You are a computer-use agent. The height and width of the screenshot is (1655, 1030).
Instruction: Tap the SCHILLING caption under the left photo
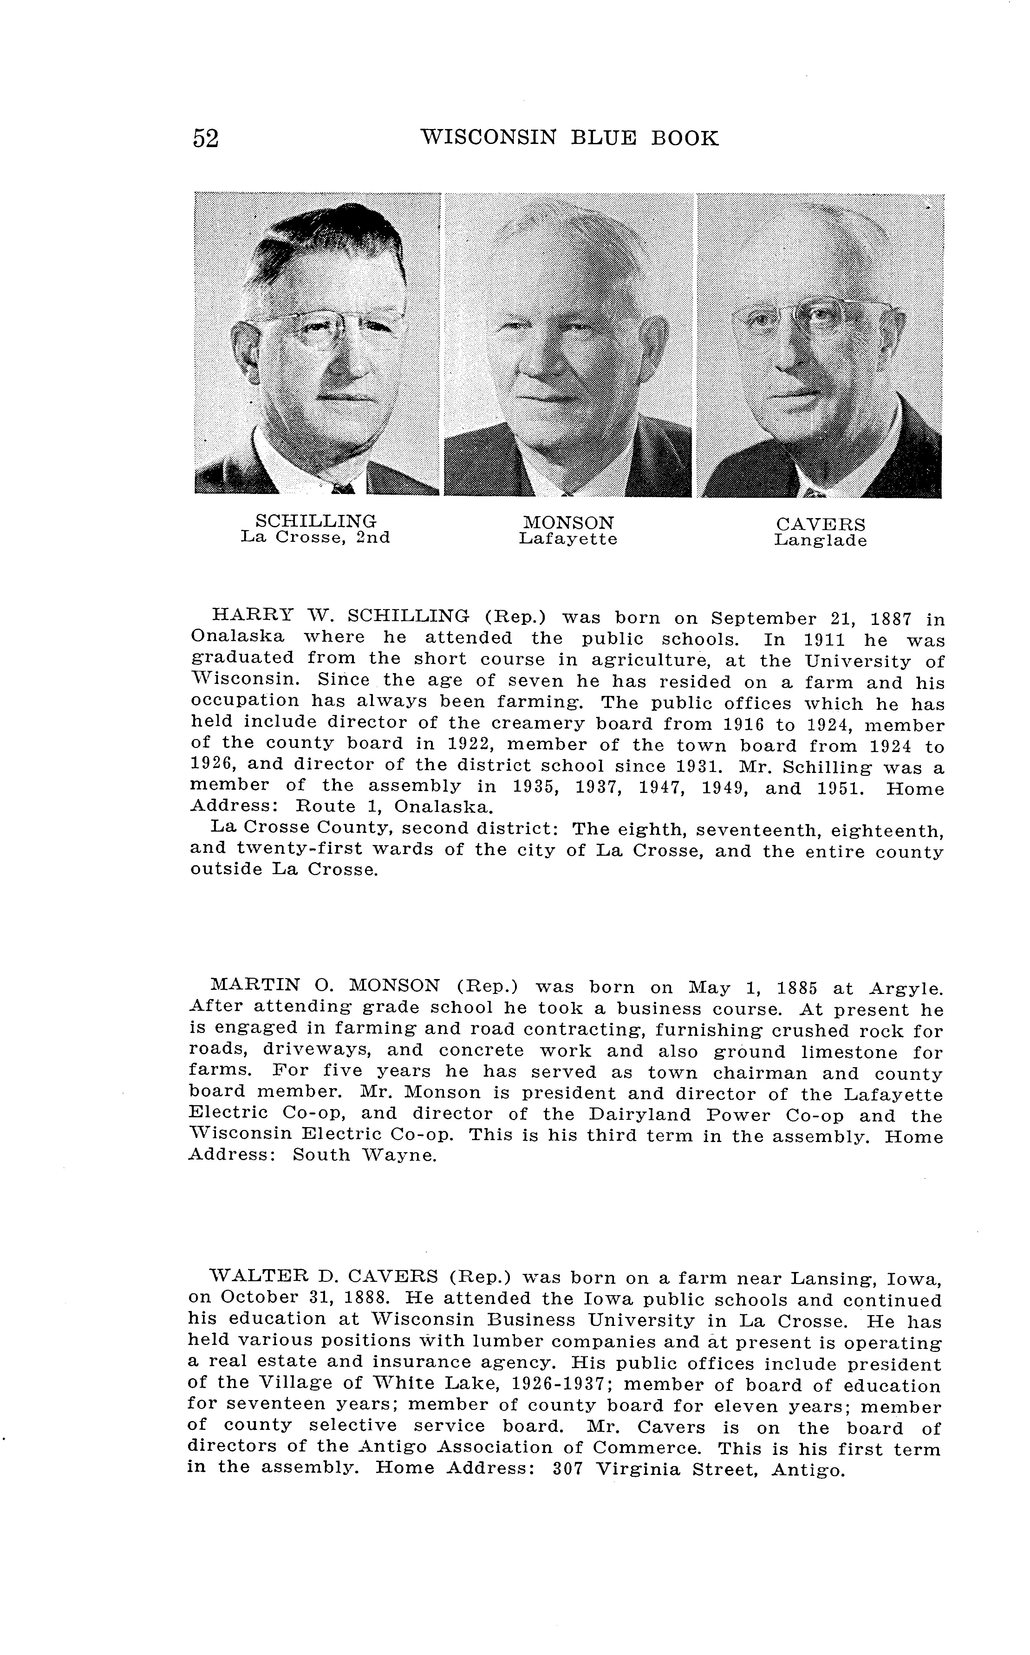[316, 521]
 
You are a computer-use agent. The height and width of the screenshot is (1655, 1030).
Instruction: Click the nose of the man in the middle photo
[538, 361]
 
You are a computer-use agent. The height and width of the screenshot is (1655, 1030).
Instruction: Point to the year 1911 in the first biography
[824, 640]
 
